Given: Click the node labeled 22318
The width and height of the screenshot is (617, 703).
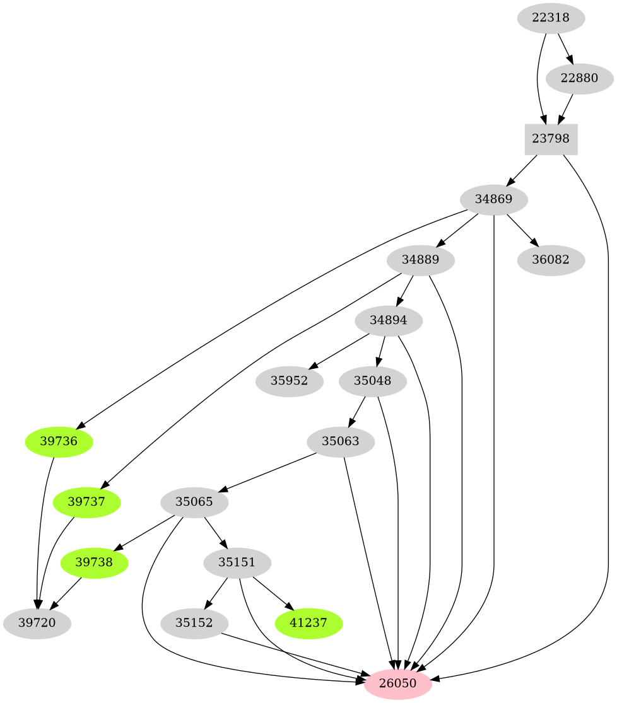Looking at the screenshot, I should coord(551,18).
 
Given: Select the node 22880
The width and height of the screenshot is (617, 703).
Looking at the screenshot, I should coord(579,79).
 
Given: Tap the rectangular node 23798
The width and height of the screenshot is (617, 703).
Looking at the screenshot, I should coord(551,139).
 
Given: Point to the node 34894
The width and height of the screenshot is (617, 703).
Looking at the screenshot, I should coord(389,320).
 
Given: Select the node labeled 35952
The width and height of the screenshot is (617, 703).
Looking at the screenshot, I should coord(290,381).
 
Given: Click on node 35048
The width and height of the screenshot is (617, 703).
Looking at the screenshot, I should coord(372,381).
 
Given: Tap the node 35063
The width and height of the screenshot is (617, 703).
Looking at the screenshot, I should coord(341,441).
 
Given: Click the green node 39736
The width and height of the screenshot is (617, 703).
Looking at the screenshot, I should coord(59,441).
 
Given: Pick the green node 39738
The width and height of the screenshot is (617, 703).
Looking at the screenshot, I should coord(94,562).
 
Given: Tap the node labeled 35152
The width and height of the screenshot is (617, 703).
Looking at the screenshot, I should coord(194,623).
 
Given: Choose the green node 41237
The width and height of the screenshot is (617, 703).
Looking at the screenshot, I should coord(309,623).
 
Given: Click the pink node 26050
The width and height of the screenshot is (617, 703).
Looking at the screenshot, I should coord(397,683).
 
